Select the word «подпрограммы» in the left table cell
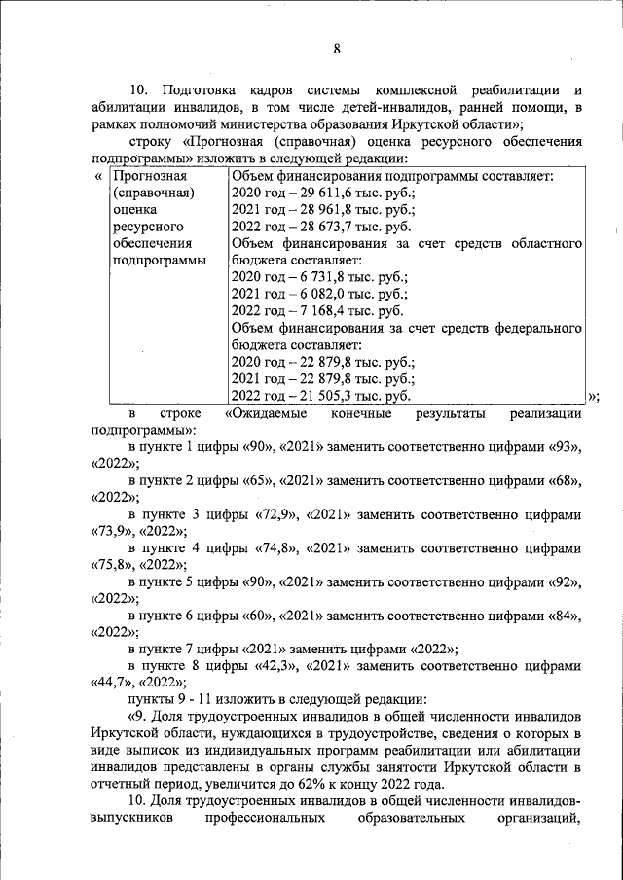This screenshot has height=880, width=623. (159, 261)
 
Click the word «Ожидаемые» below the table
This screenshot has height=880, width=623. (266, 413)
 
